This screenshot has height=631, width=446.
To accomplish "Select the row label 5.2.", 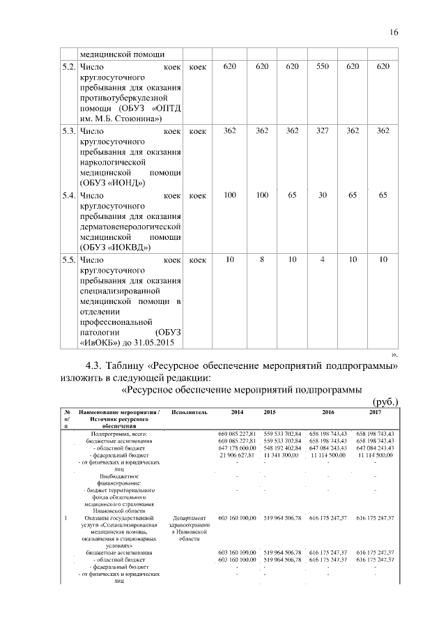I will click(68, 68).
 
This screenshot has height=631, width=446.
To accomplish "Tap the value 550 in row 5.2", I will click(322, 68).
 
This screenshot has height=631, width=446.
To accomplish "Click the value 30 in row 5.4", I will click(322, 196).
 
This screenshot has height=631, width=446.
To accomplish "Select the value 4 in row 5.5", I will click(322, 260).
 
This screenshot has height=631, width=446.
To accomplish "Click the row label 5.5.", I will click(68, 260).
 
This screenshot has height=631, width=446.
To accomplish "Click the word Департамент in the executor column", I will click(188, 518).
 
